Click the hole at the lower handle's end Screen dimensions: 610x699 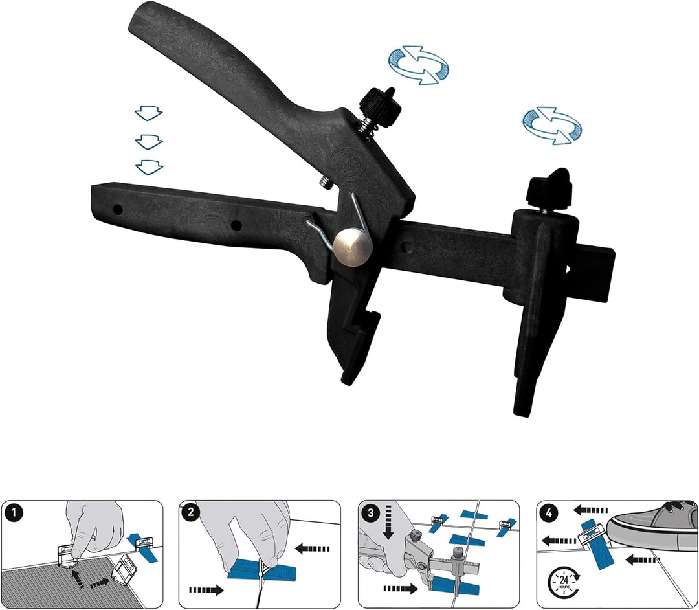[118, 210]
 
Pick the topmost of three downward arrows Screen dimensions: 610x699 [148, 114]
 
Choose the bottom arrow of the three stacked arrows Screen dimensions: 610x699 [148, 167]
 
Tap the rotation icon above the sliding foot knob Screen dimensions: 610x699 [551, 126]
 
